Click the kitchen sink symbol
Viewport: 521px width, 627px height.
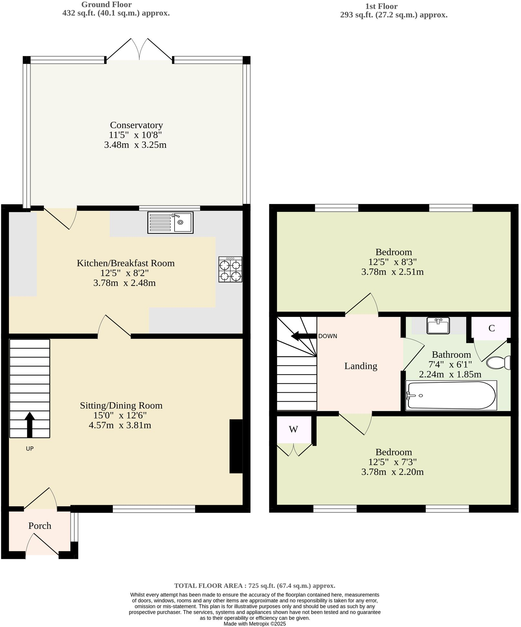click(170, 222)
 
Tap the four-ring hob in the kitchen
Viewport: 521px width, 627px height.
click(230, 269)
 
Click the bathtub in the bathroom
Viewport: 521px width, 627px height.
click(451, 395)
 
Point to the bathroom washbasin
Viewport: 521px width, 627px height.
click(438, 325)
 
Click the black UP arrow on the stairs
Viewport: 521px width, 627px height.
click(29, 424)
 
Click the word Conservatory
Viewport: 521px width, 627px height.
click(136, 125)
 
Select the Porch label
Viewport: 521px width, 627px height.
click(40, 526)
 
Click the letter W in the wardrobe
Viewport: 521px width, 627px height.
click(293, 429)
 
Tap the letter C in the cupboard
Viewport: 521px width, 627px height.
click(492, 328)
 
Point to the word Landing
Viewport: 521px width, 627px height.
click(361, 366)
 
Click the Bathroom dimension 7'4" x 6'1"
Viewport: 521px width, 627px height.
click(450, 364)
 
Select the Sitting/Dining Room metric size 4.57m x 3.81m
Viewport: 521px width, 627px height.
click(120, 425)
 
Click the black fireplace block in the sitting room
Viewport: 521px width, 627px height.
click(236, 446)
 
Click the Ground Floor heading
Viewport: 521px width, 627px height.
click(106, 4)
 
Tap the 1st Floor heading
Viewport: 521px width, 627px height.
click(381, 6)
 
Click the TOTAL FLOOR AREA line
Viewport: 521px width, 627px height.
click(255, 586)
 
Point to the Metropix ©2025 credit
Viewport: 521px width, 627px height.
click(255, 623)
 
